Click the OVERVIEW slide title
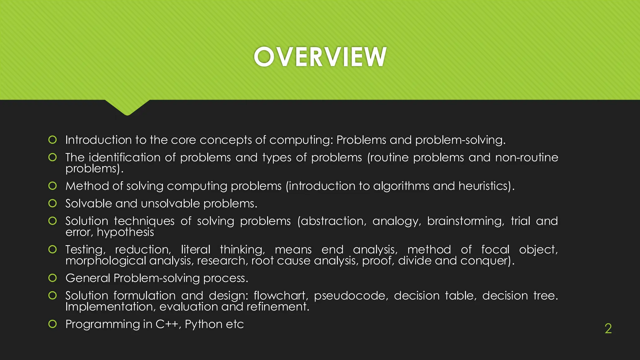320,57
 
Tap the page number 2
608,328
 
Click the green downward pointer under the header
127,108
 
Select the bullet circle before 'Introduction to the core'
52,140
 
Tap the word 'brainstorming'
465,221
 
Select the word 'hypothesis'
125,232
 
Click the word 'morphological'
106,261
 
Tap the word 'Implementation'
110,307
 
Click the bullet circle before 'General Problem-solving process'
52,278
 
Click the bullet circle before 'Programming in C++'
52,324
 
